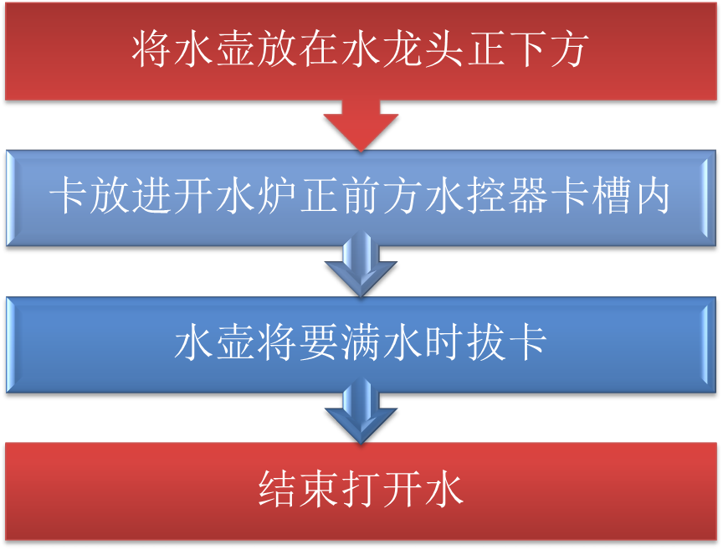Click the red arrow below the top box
[x=361, y=126]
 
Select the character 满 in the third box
[x=361, y=344]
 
